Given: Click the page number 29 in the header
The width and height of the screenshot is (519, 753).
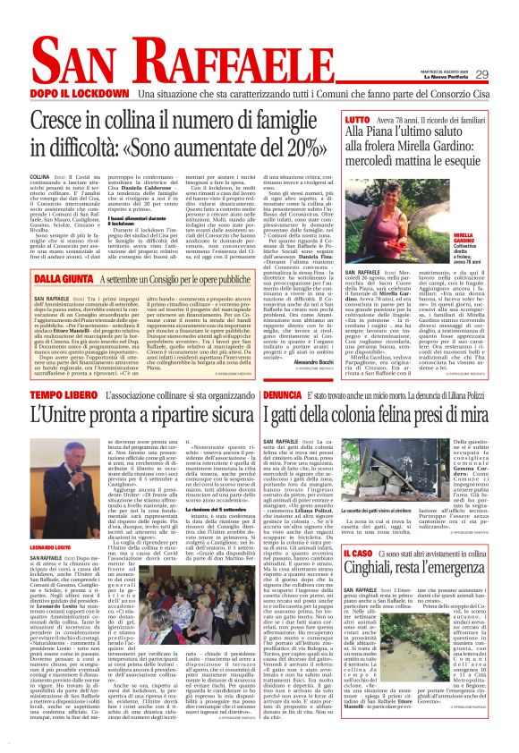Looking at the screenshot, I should pos(506,74).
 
